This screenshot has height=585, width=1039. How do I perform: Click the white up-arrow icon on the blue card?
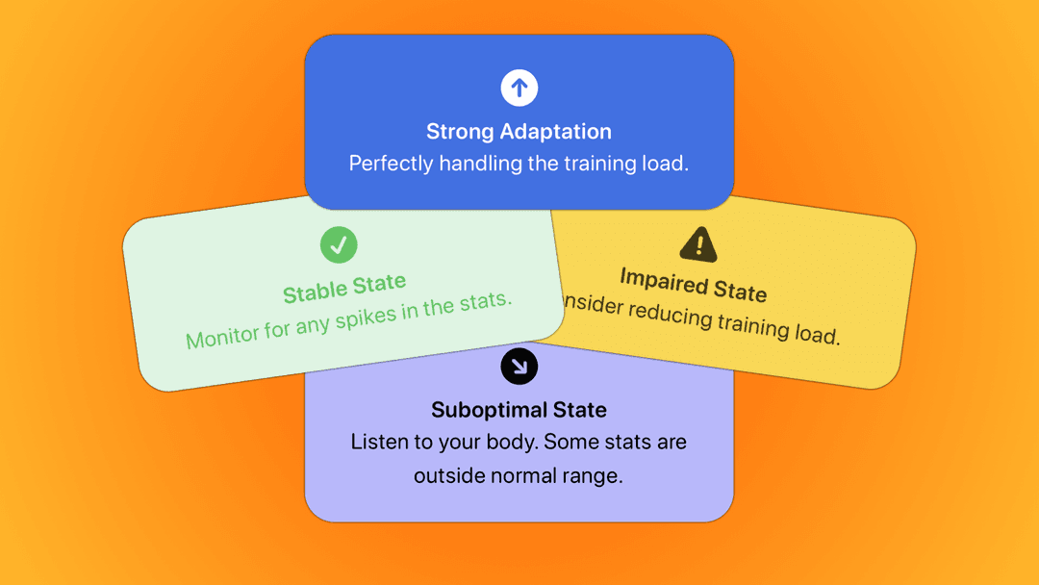pos(519,89)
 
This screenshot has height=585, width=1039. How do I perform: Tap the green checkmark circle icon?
pos(339,244)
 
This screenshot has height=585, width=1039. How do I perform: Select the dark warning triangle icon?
pos(697,244)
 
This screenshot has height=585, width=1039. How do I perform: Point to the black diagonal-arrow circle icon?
pos(519,366)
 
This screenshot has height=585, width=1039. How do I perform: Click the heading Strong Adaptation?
pos(519,132)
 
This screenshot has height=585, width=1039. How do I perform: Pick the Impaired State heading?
pos(693,284)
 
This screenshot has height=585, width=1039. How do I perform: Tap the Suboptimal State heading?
pos(519,410)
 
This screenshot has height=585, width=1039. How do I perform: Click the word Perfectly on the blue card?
pos(391,164)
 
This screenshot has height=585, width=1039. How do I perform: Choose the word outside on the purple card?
pos(447,475)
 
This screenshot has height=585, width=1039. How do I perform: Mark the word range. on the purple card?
pos(596,475)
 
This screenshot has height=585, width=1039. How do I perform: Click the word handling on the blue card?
pos(479,164)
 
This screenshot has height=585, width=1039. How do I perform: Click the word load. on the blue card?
pos(666,164)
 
